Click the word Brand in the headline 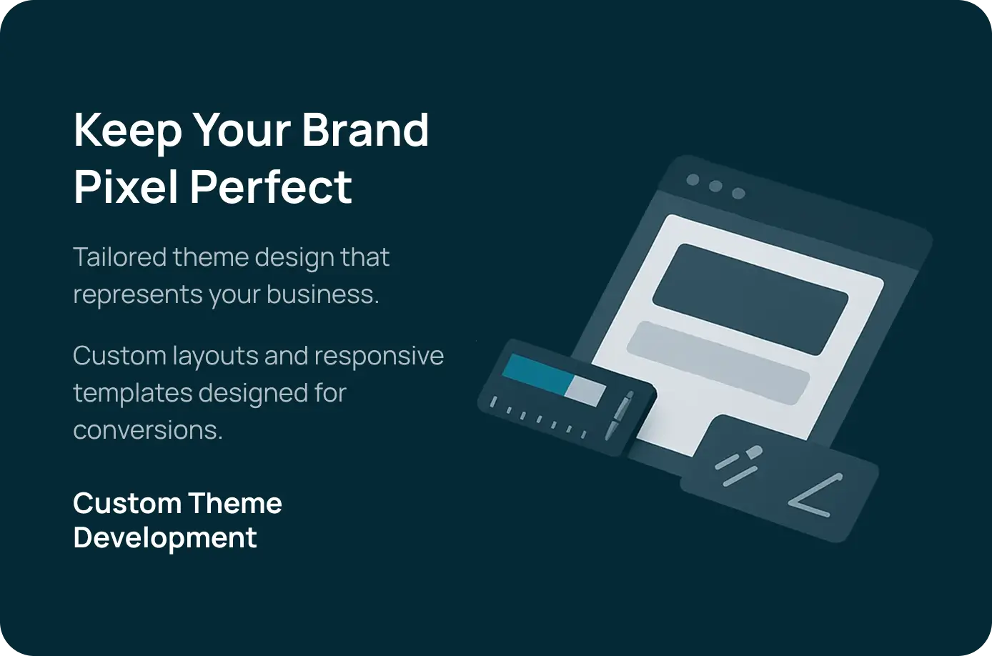(x=365, y=129)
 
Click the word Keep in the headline (x=128, y=131)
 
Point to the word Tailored (x=119, y=257)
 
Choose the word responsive (x=379, y=357)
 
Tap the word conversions (x=148, y=430)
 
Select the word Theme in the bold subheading (x=235, y=504)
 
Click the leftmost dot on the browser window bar (x=693, y=179)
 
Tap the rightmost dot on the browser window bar (x=738, y=193)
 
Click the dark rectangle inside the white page (x=750, y=299)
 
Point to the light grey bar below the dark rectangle (x=718, y=363)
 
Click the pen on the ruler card (x=619, y=415)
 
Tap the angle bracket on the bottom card (x=815, y=497)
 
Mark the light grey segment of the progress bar (x=585, y=390)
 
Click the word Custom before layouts (x=119, y=356)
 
